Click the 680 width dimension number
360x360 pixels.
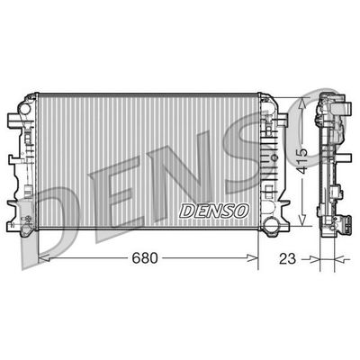145,258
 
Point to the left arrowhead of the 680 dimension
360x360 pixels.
41,260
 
